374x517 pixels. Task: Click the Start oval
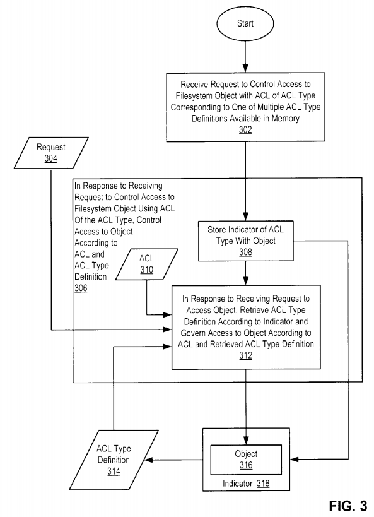(x=245, y=23)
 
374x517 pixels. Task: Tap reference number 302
(x=245, y=129)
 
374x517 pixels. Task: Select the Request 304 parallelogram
(x=51, y=153)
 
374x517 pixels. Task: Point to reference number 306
(x=81, y=288)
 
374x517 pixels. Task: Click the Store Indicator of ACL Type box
(x=245, y=241)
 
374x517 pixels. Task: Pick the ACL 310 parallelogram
(x=146, y=264)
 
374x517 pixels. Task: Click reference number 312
(x=246, y=355)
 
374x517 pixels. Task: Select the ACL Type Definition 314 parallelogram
(x=114, y=460)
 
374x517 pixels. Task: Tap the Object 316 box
(x=246, y=460)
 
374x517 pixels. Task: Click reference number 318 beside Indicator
(x=263, y=484)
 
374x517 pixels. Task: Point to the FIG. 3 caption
(x=348, y=506)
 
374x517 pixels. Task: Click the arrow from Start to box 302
(x=245, y=57)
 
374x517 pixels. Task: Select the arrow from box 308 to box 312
(x=245, y=273)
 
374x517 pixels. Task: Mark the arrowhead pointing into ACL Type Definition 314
(x=148, y=460)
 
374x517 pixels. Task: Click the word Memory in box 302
(x=285, y=119)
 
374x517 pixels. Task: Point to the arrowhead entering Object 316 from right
(x=295, y=460)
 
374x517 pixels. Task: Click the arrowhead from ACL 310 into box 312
(x=168, y=315)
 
